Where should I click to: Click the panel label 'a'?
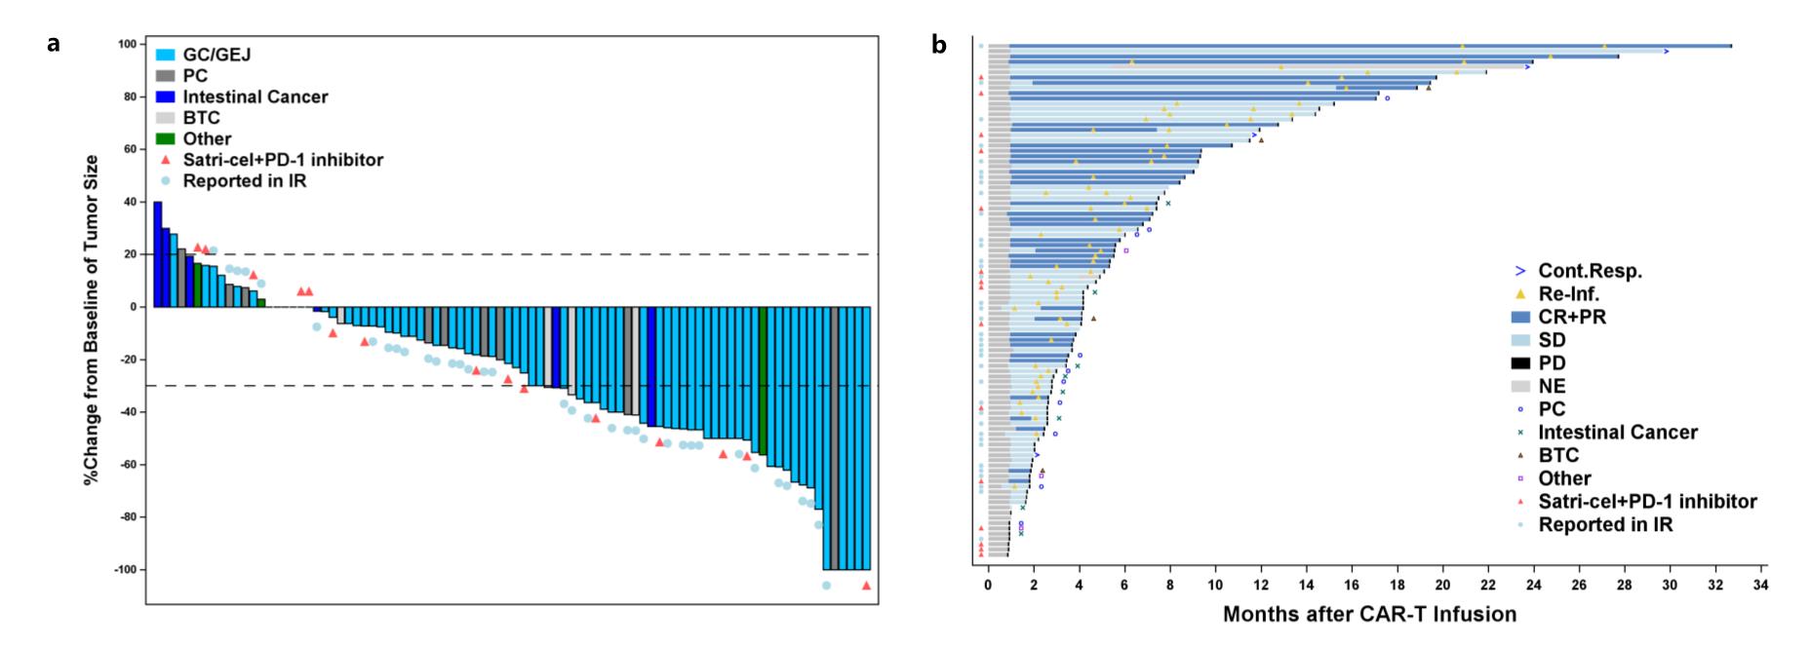[55, 44]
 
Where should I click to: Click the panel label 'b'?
[939, 44]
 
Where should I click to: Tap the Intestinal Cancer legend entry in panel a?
[255, 96]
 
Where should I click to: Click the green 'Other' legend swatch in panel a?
[165, 139]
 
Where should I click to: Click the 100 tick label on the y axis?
[127, 44]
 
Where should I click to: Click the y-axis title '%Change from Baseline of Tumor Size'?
[92, 320]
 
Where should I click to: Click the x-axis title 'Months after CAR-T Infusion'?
[1369, 615]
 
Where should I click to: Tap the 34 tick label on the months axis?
[1759, 585]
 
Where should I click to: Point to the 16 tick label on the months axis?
[1351, 585]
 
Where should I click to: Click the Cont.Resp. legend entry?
[1590, 271]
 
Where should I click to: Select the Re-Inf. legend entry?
[1568, 293]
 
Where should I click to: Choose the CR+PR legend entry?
[1571, 317]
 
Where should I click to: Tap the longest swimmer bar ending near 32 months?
[1365, 46]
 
